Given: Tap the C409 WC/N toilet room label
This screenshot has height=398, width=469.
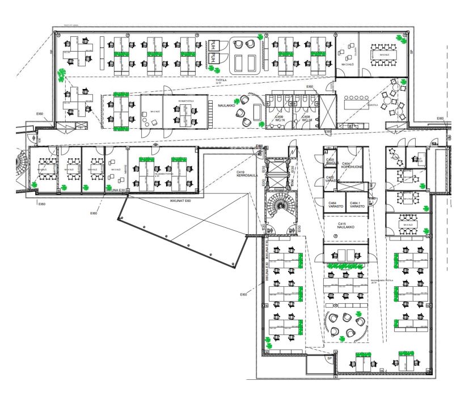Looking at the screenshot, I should [x=280, y=118].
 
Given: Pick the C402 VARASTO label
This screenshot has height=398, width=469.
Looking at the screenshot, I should [x=332, y=179].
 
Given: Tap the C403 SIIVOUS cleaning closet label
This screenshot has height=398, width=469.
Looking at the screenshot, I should [x=332, y=162].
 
